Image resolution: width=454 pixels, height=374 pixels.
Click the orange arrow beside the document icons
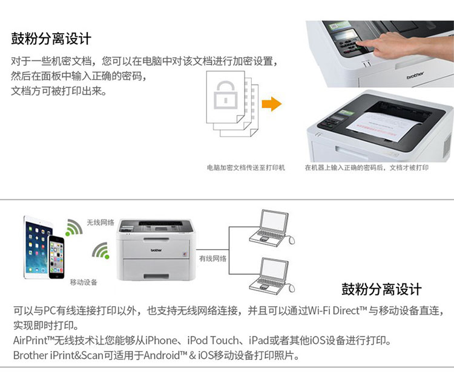[x=272, y=104]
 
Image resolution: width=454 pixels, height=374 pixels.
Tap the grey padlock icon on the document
[x=226, y=95]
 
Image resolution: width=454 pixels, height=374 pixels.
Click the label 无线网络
[x=100, y=222]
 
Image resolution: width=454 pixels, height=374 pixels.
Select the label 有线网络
[x=212, y=259]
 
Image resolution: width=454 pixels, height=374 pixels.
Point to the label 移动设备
[x=84, y=282]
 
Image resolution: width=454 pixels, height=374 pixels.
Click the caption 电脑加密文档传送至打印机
[x=246, y=167]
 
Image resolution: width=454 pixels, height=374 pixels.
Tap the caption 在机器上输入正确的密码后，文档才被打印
[x=367, y=167]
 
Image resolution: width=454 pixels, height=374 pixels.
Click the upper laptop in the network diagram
[x=272, y=227]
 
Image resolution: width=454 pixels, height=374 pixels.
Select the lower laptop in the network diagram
[x=272, y=275]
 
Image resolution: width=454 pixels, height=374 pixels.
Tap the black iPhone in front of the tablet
[x=56, y=257]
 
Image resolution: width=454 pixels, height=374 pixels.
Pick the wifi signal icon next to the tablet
[x=74, y=227]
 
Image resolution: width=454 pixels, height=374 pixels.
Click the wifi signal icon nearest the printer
[x=100, y=250]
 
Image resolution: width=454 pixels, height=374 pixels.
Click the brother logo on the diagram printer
[x=156, y=250]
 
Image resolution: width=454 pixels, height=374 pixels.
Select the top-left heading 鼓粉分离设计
[x=51, y=39]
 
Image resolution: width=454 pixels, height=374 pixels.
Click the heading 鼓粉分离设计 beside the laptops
[x=381, y=289]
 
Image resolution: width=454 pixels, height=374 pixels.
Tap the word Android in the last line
[x=162, y=355]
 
